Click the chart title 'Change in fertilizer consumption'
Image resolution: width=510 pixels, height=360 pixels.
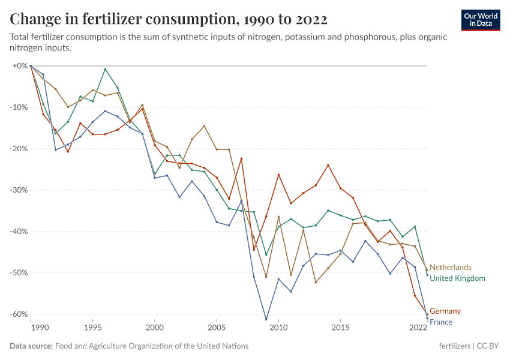169,19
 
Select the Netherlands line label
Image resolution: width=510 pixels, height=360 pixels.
451,267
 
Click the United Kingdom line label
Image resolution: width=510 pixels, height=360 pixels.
458,278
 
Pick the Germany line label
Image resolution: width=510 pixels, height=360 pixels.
445,311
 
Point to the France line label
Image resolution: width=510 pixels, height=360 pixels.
441,322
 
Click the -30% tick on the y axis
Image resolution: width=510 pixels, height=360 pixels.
19,190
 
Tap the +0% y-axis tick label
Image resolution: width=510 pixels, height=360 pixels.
20,65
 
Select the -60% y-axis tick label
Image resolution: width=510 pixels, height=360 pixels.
19,314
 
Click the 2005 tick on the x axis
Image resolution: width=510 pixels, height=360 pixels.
217,328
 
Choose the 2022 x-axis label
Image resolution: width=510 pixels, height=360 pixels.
418,328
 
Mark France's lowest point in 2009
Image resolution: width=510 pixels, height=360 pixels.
266,319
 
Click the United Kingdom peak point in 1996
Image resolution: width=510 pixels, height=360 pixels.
105,69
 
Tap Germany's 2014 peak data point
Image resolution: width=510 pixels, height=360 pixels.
328,165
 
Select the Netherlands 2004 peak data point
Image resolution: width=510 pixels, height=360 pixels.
204,126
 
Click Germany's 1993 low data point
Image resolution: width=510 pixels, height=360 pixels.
68,151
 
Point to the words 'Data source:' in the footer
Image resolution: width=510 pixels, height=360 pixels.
31,346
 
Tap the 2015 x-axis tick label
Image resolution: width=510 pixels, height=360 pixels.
340,328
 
